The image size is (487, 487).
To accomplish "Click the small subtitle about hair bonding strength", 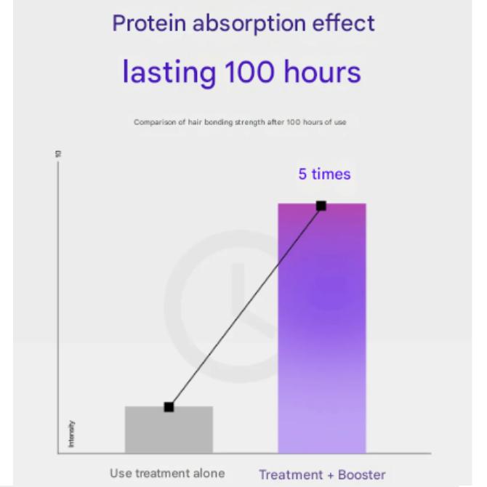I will [240, 122].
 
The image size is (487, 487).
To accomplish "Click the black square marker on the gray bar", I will [169, 407].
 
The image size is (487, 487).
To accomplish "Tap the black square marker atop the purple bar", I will [321, 206].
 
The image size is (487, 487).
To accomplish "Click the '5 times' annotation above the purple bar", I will [324, 174].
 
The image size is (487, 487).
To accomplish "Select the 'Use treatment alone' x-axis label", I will [167, 473].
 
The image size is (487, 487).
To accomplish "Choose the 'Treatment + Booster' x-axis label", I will [322, 475].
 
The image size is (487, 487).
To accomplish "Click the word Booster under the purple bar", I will [361, 475].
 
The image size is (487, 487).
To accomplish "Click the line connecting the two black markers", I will [245, 306].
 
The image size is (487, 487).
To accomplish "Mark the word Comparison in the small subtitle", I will [152, 122].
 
